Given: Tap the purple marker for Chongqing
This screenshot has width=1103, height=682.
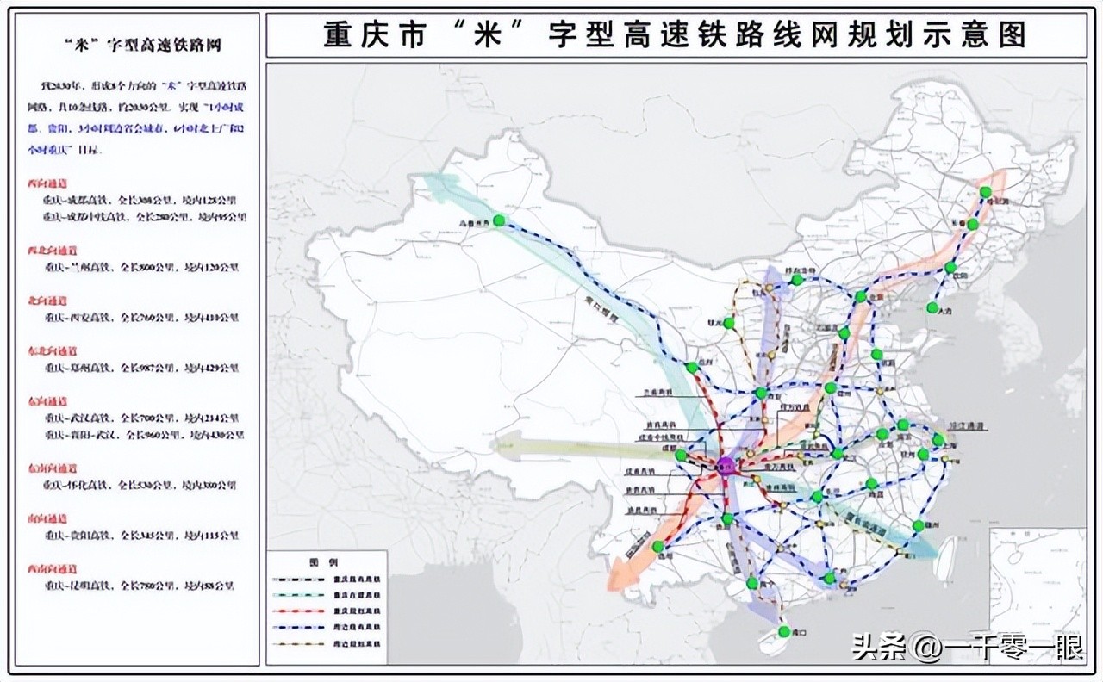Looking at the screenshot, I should [726, 466].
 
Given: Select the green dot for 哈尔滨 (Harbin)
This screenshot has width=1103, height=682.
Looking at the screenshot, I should [986, 192].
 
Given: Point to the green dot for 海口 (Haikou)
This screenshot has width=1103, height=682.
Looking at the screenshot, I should [783, 633].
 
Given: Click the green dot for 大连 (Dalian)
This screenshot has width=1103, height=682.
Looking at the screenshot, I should [931, 308].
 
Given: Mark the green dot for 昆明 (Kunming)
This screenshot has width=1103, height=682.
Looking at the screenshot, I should [658, 547].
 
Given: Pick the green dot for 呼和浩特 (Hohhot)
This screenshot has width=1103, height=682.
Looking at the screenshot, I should [797, 279].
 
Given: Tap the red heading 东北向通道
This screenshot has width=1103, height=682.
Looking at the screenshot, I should [52, 351].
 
